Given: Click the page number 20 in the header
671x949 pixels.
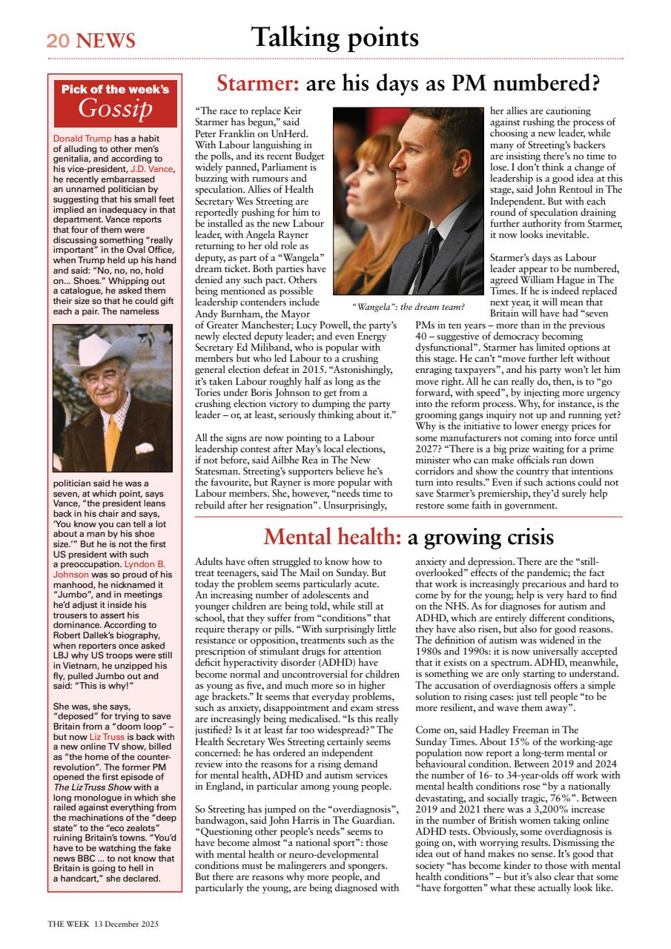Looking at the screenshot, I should (57, 41).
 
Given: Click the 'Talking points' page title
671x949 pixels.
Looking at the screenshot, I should (334, 36).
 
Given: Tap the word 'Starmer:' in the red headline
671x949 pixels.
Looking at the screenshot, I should (258, 85).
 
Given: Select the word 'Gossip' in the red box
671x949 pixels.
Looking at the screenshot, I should (115, 109).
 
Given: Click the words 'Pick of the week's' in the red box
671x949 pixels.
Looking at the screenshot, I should (115, 89).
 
